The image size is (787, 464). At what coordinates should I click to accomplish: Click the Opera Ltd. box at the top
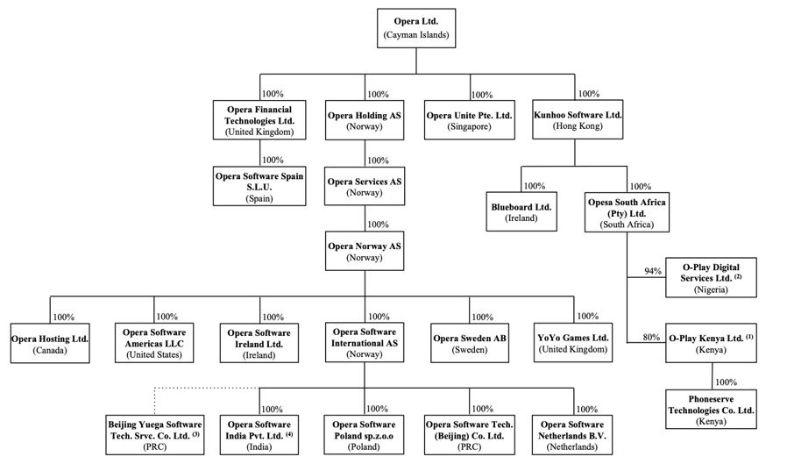pos(415,27)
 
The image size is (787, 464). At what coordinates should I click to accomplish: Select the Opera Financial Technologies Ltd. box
pos(259,120)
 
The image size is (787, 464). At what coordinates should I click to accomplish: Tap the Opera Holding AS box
pos(364,120)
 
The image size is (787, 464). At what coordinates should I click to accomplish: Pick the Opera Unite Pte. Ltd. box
pos(468,120)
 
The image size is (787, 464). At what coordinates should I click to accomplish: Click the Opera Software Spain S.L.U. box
pos(259,187)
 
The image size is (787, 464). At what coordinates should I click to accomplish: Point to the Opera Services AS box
pos(364,187)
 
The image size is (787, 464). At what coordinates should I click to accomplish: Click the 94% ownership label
pos(652,271)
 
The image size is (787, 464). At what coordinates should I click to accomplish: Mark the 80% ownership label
pos(652,338)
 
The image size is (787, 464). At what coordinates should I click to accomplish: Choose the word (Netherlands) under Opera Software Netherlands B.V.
pos(572,447)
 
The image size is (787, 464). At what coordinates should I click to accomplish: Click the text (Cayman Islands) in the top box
pos(415,35)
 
